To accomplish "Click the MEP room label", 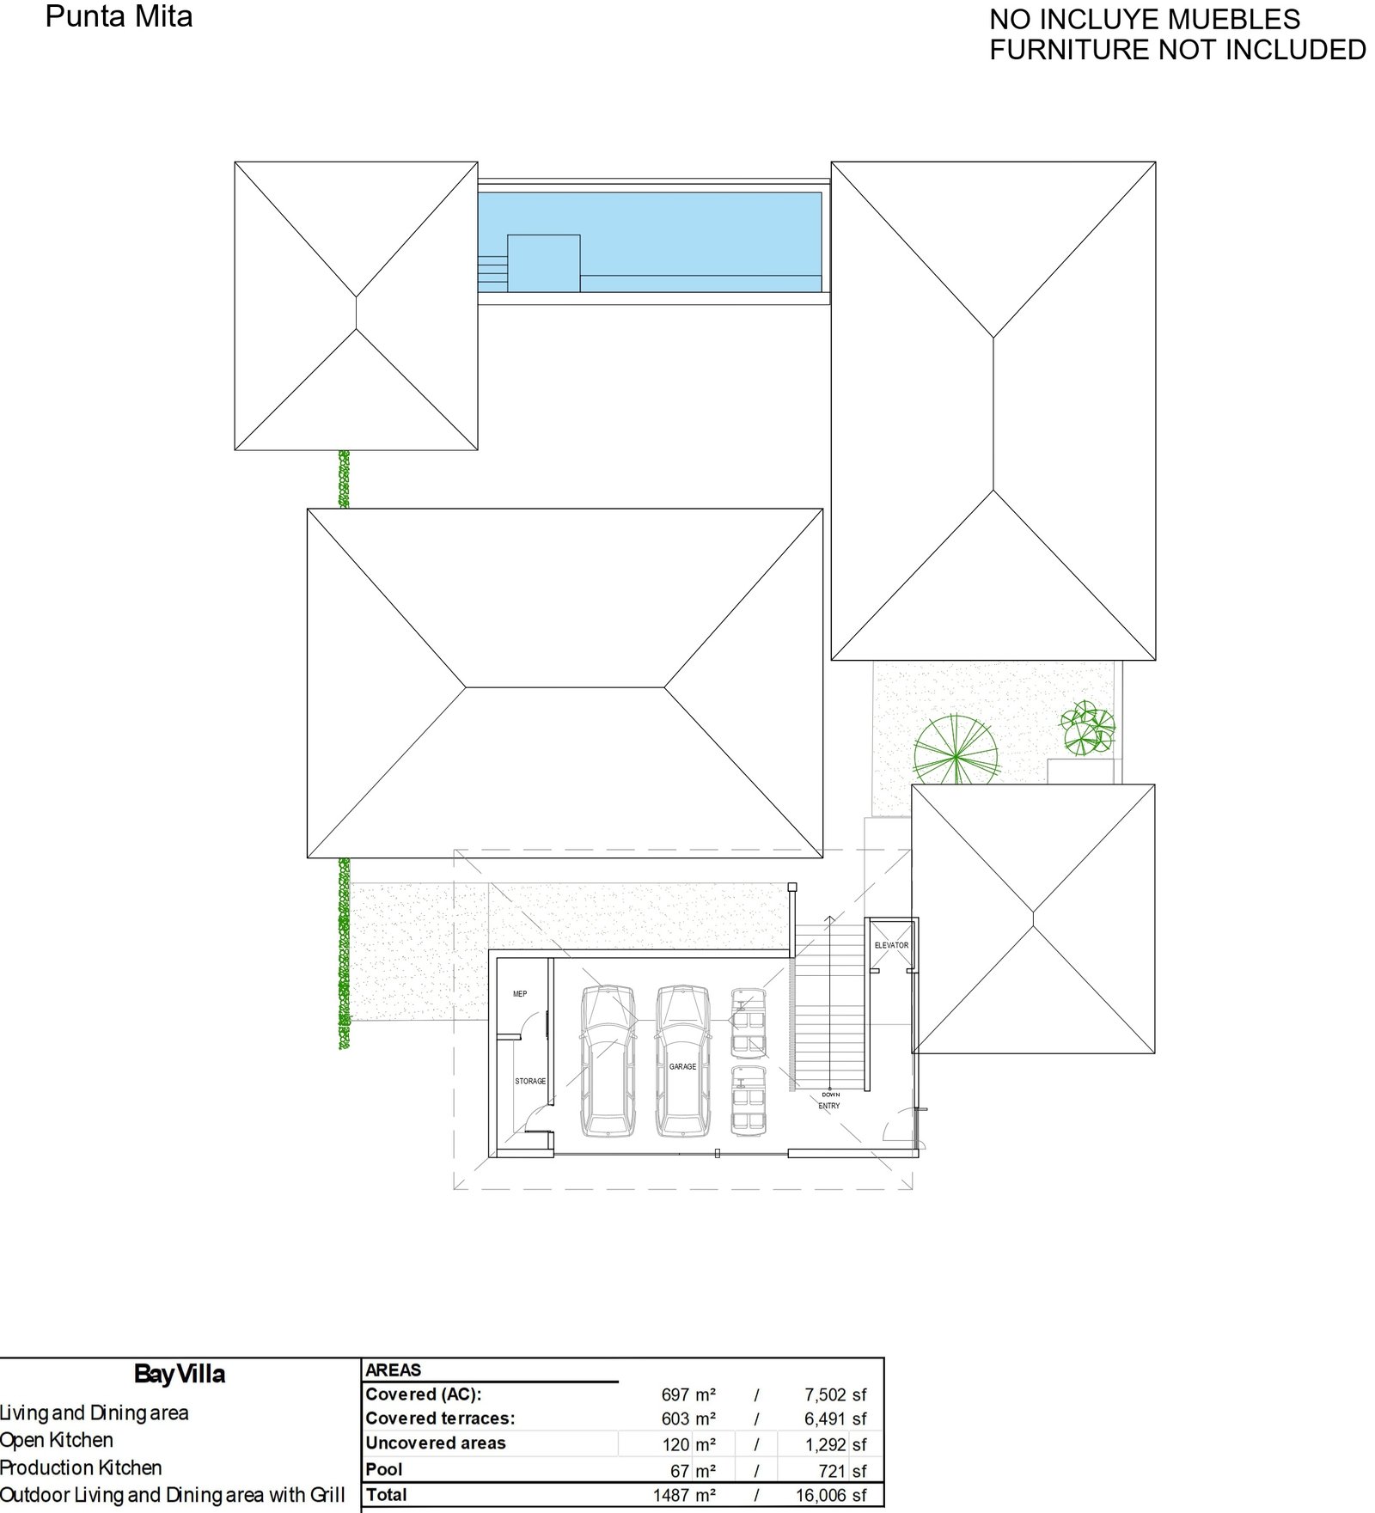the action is click(520, 994).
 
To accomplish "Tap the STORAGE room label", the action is click(530, 1081).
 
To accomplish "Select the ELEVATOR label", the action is click(891, 945).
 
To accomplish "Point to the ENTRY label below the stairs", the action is click(829, 1106).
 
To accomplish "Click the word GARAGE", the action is click(683, 1067).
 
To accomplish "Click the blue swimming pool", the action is click(650, 242).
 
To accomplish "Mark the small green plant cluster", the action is click(1088, 729).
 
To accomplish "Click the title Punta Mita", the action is click(119, 16).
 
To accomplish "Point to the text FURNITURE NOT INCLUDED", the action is click(1177, 50).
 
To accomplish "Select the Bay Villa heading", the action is click(180, 1375).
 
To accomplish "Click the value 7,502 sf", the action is click(835, 1394).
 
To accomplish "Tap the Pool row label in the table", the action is click(384, 1469).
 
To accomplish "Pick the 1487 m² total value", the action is click(684, 1495).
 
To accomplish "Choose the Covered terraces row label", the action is click(440, 1418).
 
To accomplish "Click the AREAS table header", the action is click(394, 1370).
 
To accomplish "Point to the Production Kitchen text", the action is click(81, 1467).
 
